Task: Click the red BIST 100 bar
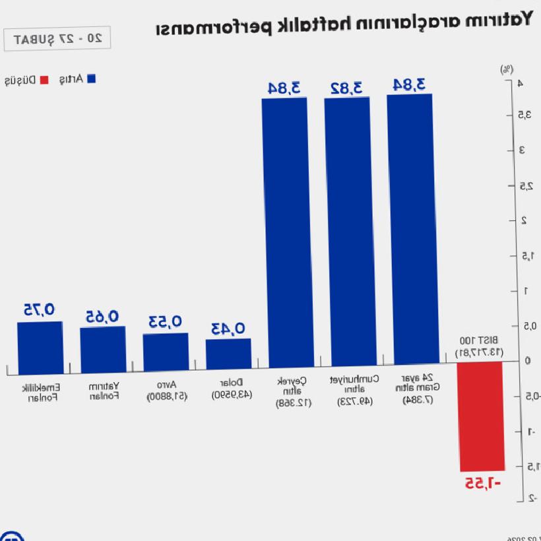pos(482,416)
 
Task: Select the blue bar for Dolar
pos(228,354)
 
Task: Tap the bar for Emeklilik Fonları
pos(40,348)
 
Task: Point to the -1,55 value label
pos(482,483)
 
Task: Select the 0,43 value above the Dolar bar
pos(228,328)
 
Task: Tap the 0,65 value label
pos(102,317)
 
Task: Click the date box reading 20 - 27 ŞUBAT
pos(57,39)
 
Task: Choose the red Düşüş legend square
pos(44,80)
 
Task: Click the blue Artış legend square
pos(92,79)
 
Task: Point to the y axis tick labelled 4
pos(521,83)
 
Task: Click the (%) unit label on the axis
pos(506,69)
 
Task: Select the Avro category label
pos(166,390)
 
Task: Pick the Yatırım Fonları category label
pos(104,391)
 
